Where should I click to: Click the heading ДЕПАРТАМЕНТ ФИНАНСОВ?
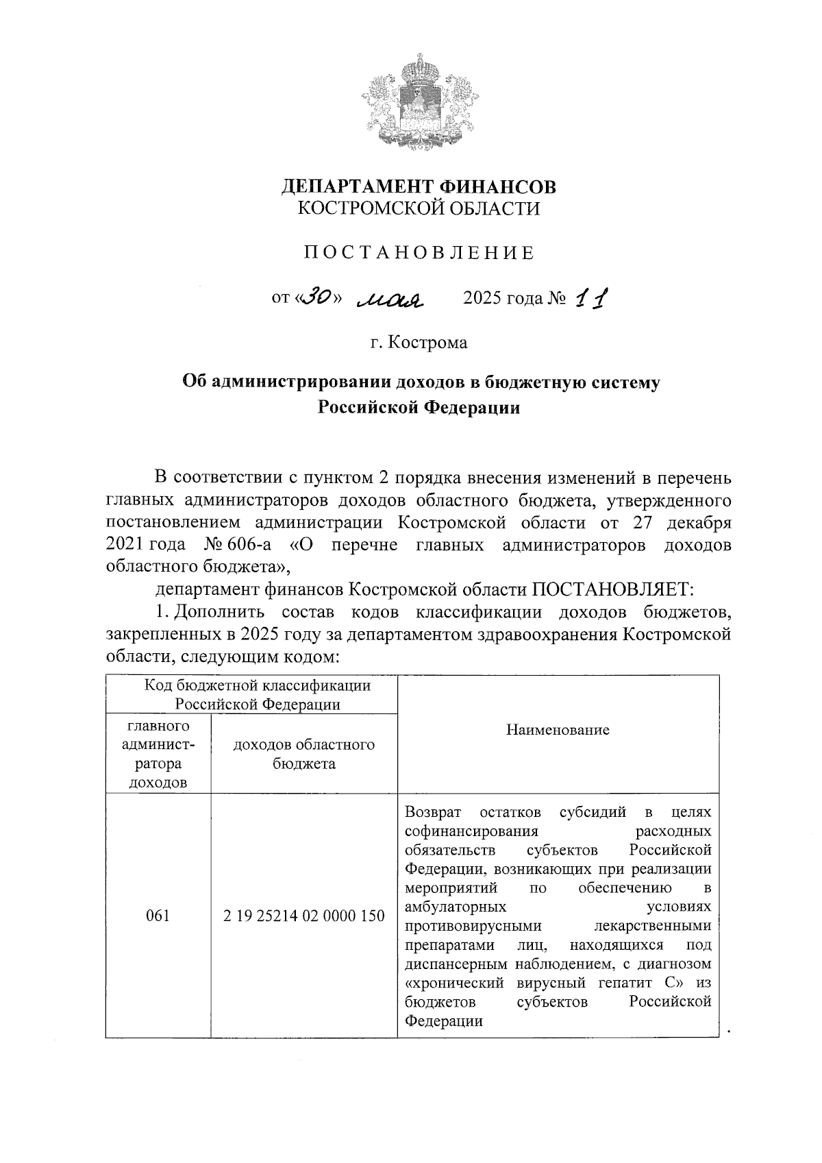419,186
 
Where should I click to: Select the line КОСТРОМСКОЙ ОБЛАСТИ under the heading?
419,208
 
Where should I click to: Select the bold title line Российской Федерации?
419,408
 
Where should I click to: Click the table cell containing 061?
158,916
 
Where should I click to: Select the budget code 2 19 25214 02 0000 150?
303,916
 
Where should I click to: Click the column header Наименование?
557,730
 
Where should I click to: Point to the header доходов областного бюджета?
303,754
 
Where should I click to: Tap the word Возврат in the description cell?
433,813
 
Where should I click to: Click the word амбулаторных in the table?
455,907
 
